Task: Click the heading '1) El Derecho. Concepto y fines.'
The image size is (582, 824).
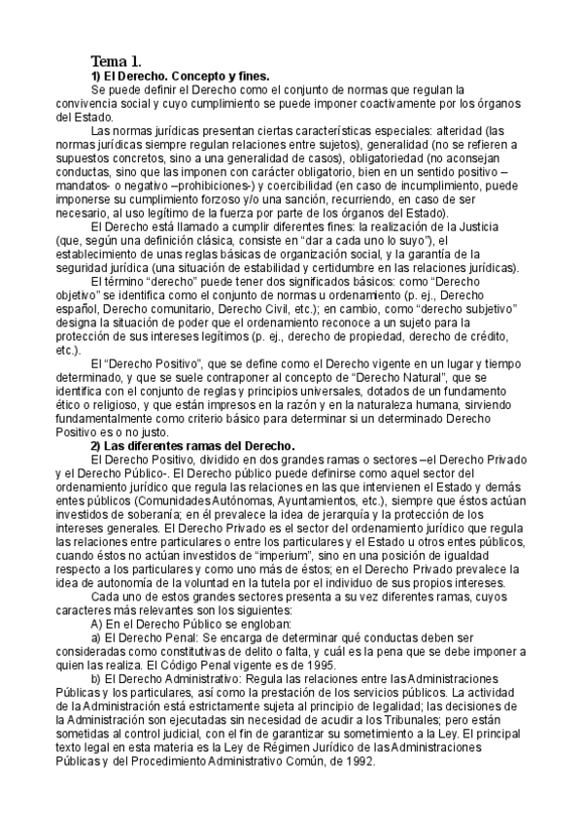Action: [180, 75]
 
